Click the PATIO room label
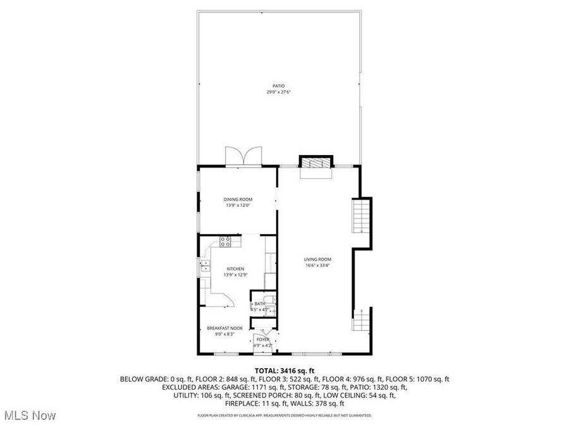pos(278,85)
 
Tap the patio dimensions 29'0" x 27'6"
pos(278,92)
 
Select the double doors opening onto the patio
pos(244,156)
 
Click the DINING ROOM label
pos(238,199)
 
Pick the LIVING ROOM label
pos(317,259)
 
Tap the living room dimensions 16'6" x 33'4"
pos(317,266)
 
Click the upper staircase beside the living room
pos(360,216)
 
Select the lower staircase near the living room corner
pos(360,320)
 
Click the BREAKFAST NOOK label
pos(224,328)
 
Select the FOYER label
pos(262,340)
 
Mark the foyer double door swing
pos(262,333)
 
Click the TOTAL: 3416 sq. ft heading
pos(284,371)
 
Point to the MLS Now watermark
pos(29,416)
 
